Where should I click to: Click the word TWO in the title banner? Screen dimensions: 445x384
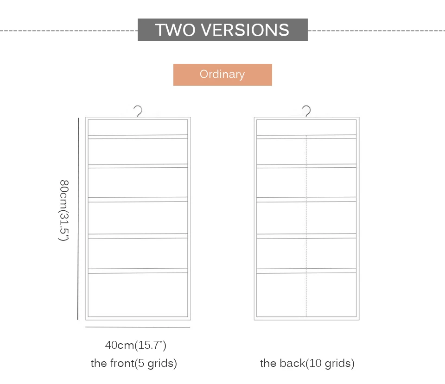pos(175,30)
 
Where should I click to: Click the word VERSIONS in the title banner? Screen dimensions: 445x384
pos(245,30)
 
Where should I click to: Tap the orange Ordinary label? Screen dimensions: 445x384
pos(222,75)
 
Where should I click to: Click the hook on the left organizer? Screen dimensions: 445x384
pos(138,111)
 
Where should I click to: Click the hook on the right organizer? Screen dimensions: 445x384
pos(307,111)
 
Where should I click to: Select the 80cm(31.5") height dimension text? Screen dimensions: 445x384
pos(64,210)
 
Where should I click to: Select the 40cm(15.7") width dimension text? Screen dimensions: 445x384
pos(136,345)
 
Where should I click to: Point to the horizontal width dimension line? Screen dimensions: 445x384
pos(138,327)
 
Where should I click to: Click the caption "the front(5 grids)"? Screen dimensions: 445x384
pos(133,363)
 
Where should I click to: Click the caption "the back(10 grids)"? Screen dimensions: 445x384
pos(307,363)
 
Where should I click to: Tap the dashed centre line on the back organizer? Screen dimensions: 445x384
pos(306,226)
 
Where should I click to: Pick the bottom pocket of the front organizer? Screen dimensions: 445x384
pos(138,295)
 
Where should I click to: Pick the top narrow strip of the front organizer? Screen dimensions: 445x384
pos(138,127)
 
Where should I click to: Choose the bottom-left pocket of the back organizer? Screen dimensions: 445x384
pos(281,295)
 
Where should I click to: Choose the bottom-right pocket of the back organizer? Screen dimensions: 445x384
pos(331,295)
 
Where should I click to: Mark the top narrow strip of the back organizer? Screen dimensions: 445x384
pos(306,127)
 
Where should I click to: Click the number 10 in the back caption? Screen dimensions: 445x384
pos(315,363)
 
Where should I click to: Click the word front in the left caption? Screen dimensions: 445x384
pos(122,363)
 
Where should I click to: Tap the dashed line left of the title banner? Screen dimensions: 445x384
pos(69,31)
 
